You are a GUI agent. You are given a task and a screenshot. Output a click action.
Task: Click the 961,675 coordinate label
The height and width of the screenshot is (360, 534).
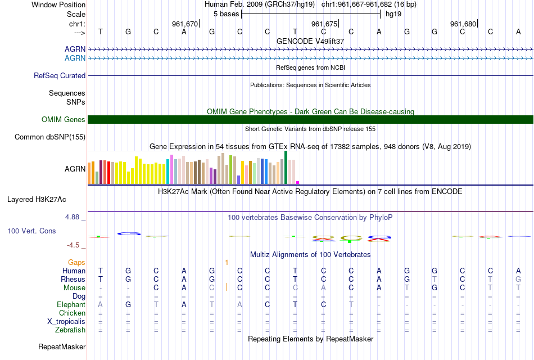pos(324,24)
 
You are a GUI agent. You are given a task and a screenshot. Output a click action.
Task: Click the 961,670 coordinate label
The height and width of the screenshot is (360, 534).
pos(185,24)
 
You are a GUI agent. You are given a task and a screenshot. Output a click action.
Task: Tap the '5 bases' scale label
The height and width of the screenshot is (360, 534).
pos(227,14)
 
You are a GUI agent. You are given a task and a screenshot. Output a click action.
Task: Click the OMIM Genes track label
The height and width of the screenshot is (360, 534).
pos(64,119)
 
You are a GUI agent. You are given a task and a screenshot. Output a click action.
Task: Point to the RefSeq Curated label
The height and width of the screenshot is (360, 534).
pos(60,75)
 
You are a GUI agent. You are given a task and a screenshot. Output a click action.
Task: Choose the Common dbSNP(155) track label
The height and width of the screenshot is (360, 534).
pos(50,137)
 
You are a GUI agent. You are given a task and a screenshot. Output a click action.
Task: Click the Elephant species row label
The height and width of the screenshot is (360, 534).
pos(71,304)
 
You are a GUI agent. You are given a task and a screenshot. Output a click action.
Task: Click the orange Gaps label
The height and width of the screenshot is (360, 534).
pos(76,262)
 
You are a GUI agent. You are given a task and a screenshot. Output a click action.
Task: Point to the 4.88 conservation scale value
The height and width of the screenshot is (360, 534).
pos(74,216)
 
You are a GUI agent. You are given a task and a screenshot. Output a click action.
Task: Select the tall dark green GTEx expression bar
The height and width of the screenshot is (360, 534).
pos(286,167)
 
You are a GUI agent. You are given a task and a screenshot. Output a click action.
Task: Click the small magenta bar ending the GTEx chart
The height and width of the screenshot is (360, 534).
pos(298,182)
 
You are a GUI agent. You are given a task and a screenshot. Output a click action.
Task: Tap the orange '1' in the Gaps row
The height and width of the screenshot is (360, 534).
pos(227,262)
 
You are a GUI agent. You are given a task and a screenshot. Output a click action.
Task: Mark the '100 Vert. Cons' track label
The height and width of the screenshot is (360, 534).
pos(31,231)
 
